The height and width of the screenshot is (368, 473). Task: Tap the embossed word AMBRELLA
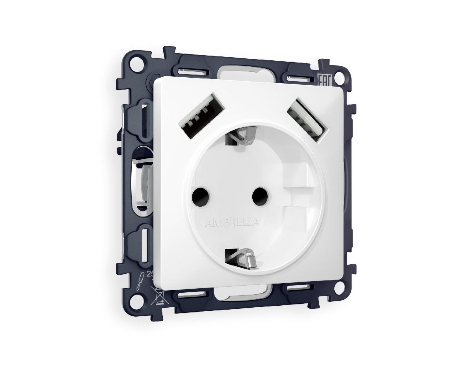[232, 223]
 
